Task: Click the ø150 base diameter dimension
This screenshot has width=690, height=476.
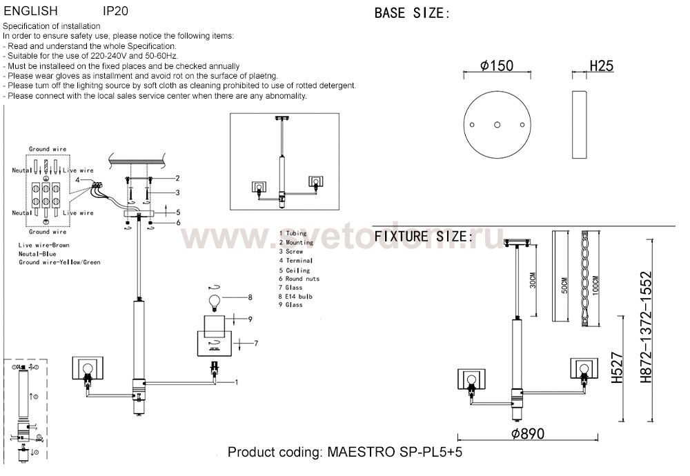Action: coord(497,66)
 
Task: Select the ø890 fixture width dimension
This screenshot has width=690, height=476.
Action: coord(528,434)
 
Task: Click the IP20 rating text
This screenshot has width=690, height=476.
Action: coord(115,12)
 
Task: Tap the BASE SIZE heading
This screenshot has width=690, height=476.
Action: coord(412,13)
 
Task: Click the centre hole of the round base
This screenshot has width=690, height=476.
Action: coord(497,124)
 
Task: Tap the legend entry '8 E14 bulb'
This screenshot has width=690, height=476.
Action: coord(296,296)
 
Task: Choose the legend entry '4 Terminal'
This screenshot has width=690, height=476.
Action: coord(296,261)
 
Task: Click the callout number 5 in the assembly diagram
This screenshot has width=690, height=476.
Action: coord(177,212)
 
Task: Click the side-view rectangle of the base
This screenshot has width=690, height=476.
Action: coord(578,124)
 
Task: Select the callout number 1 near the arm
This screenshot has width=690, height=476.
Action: coord(236,381)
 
